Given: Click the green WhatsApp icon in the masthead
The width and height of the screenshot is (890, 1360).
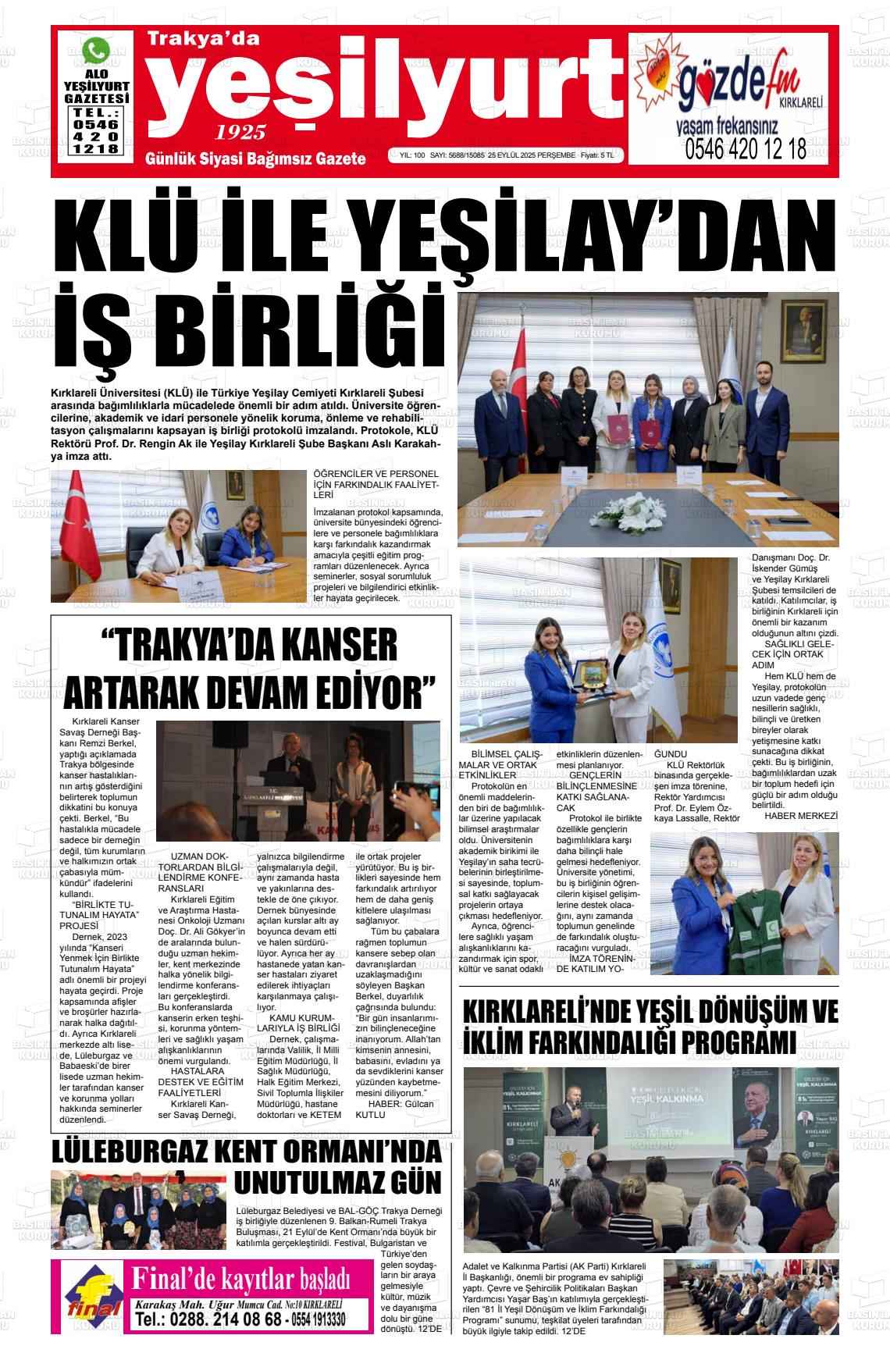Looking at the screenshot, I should point(96,52).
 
